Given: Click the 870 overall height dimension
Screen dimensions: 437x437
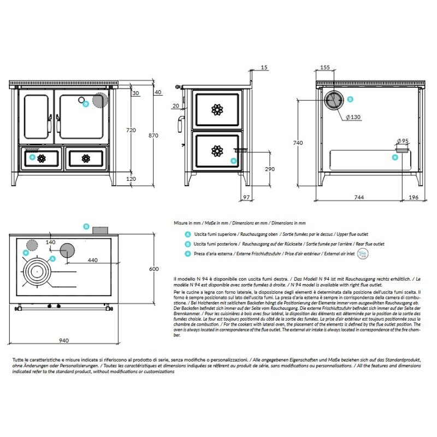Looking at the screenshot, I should tap(153, 135).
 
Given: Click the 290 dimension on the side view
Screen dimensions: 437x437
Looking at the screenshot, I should tap(269, 169).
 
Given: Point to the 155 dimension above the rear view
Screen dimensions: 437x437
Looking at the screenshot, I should tap(324, 68).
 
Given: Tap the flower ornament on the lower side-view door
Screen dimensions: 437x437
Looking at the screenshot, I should tap(217, 150).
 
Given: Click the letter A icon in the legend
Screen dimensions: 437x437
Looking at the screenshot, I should tap(188, 233).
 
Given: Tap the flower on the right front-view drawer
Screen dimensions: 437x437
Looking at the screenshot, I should tap(85, 158).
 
